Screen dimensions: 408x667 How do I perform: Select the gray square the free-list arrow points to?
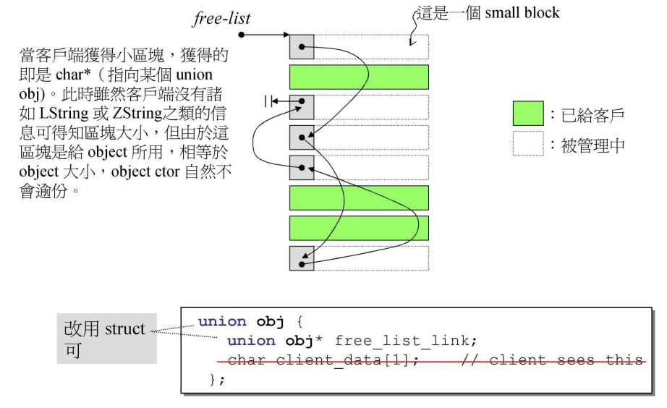pyautogui.click(x=302, y=46)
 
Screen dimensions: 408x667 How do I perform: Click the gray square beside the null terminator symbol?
pyautogui.click(x=302, y=107)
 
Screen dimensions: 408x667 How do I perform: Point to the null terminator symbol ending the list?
pyautogui.click(x=270, y=103)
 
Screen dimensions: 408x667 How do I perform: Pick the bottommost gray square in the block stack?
pyautogui.click(x=302, y=258)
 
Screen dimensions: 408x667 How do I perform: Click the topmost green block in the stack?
pyautogui.click(x=359, y=77)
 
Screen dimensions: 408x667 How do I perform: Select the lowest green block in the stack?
pyautogui.click(x=359, y=228)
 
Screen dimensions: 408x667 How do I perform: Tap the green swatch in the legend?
pyautogui.click(x=528, y=114)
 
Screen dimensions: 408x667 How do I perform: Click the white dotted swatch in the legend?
pyautogui.click(x=528, y=145)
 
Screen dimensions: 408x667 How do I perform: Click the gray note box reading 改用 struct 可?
pyautogui.click(x=107, y=339)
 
